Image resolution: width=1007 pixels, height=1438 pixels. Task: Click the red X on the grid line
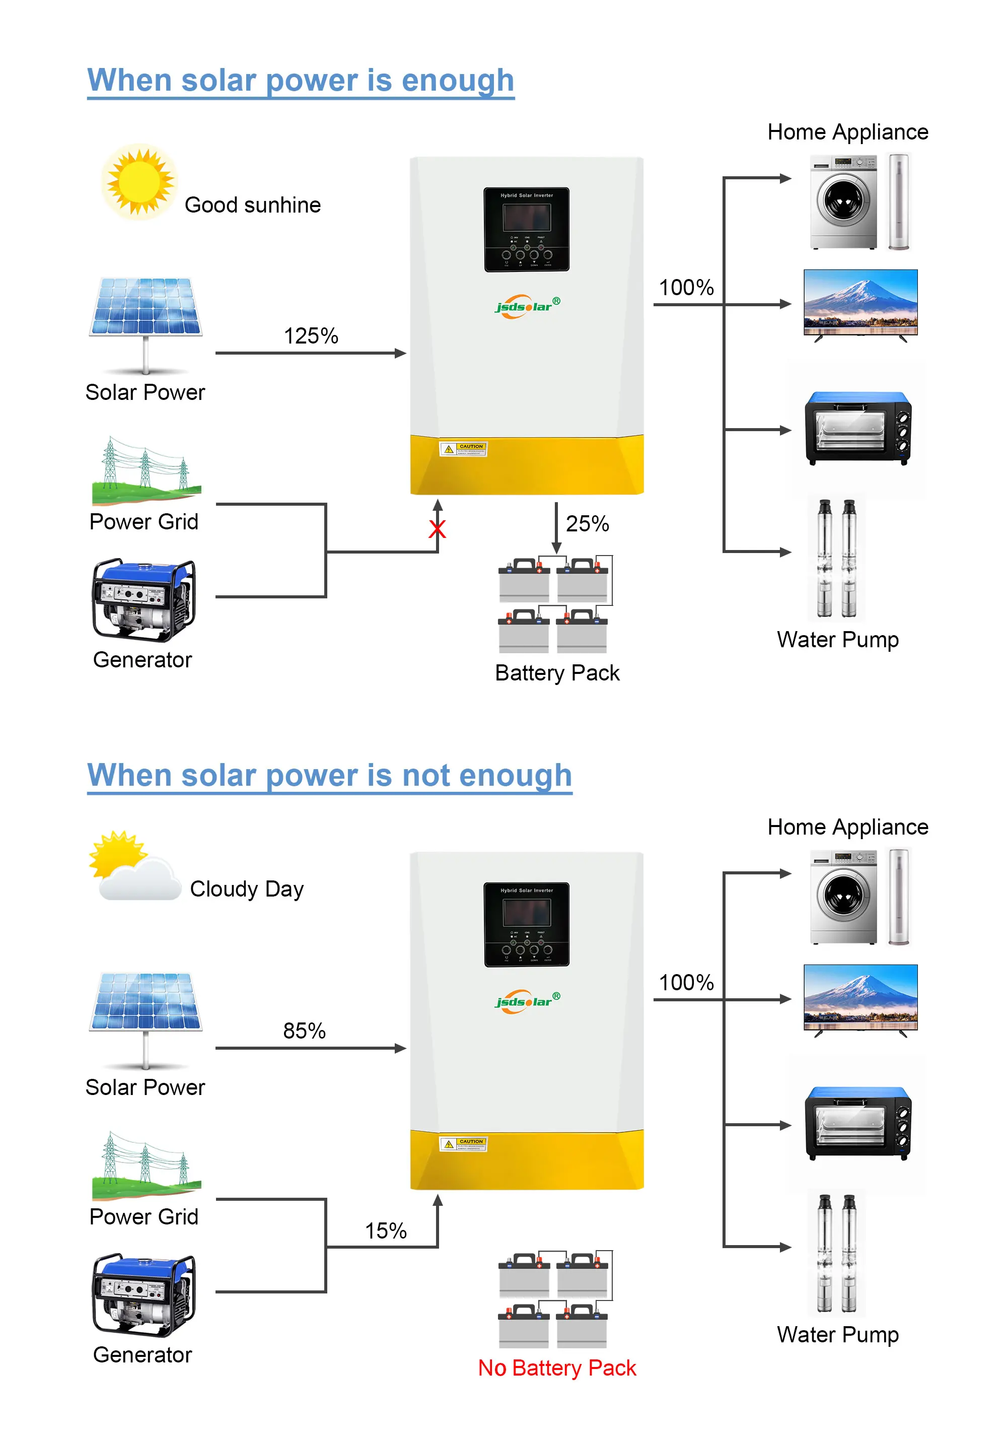pos(437,529)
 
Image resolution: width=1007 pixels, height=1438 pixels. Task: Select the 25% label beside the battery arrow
pos(587,524)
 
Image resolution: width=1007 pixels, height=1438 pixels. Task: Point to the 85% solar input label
pos(304,1031)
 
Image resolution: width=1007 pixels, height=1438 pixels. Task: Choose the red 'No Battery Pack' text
pos(557,1368)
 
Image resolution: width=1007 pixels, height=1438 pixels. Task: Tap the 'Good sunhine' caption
pos(252,205)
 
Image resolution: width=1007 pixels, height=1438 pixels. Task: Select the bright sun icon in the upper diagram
pos(139,182)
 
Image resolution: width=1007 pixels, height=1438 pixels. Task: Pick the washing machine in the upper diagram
pos(843,201)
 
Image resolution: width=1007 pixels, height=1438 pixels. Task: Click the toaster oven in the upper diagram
pos(858,429)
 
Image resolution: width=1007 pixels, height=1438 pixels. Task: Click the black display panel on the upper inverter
pos(526,229)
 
